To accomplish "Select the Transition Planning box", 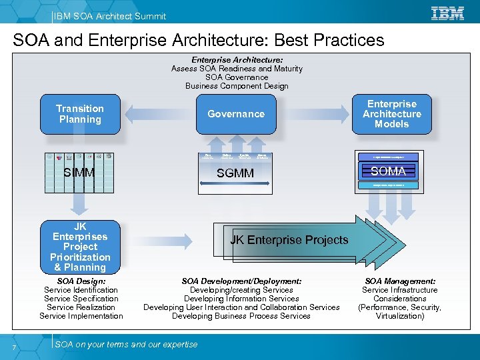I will (x=80, y=114).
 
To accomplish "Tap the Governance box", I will (x=235, y=114).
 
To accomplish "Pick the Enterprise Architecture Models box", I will (x=391, y=114).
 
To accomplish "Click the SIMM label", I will (x=79, y=173).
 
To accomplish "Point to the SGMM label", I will (x=235, y=173).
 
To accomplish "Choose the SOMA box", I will (x=388, y=171).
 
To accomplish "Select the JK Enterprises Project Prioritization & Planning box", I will (x=80, y=247).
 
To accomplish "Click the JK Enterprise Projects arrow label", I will (x=289, y=240).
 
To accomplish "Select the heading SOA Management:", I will (x=400, y=281).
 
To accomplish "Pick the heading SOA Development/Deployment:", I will (x=241, y=281).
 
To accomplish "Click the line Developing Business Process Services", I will (x=241, y=316).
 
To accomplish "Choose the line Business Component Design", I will (x=237, y=86).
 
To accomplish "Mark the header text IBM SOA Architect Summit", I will (x=109, y=16).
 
